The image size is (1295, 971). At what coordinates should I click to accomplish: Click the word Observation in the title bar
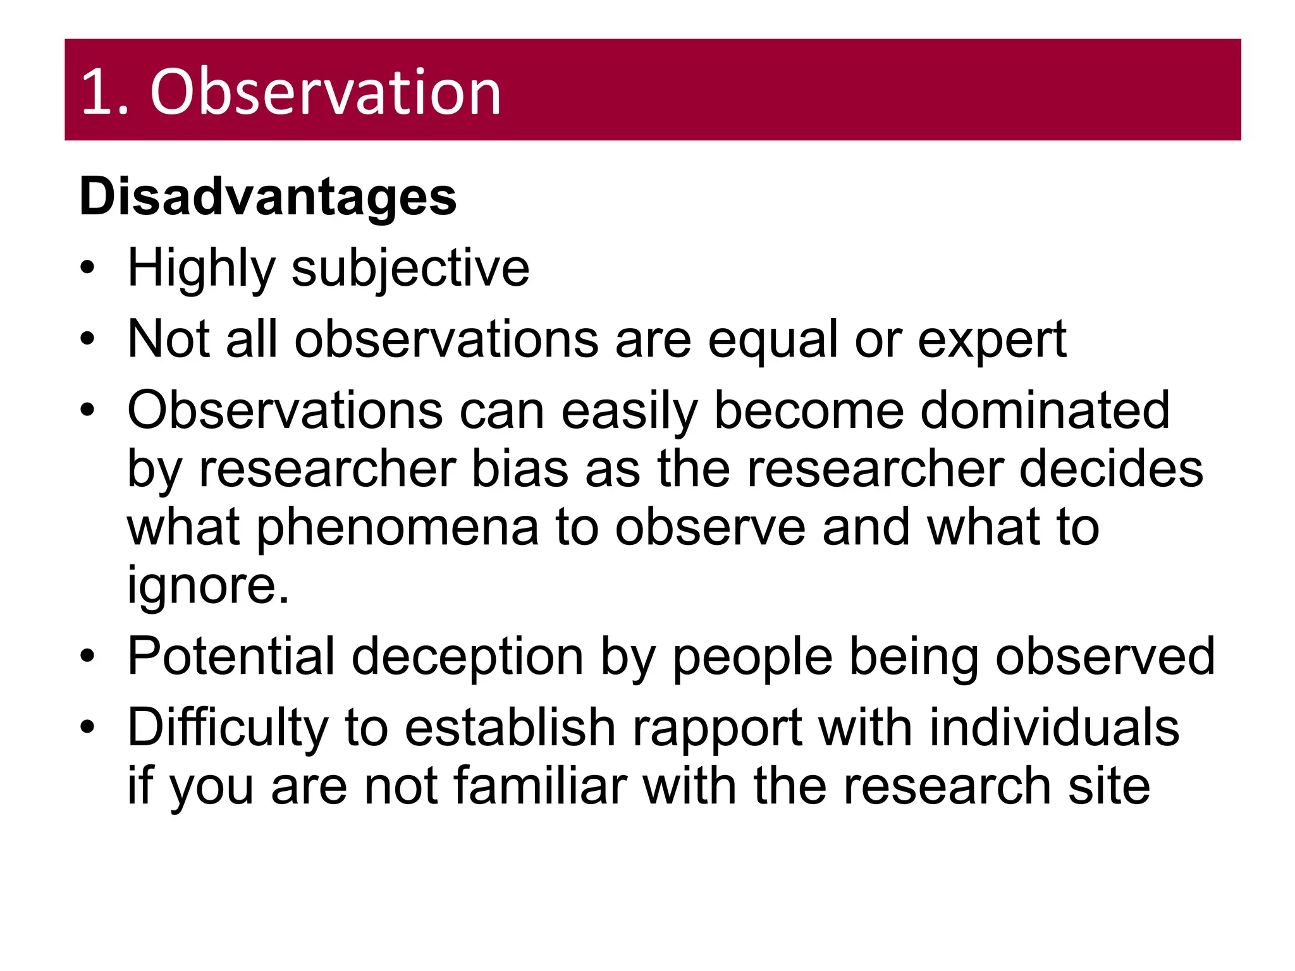coord(326,92)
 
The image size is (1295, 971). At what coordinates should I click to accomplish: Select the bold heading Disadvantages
coord(267,197)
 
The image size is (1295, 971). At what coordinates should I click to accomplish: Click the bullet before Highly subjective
coord(87,267)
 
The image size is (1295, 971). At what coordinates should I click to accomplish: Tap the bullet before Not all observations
coord(87,339)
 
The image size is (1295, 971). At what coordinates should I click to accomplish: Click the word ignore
coord(208,586)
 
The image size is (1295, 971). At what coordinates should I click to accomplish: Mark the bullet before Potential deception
coord(87,656)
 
